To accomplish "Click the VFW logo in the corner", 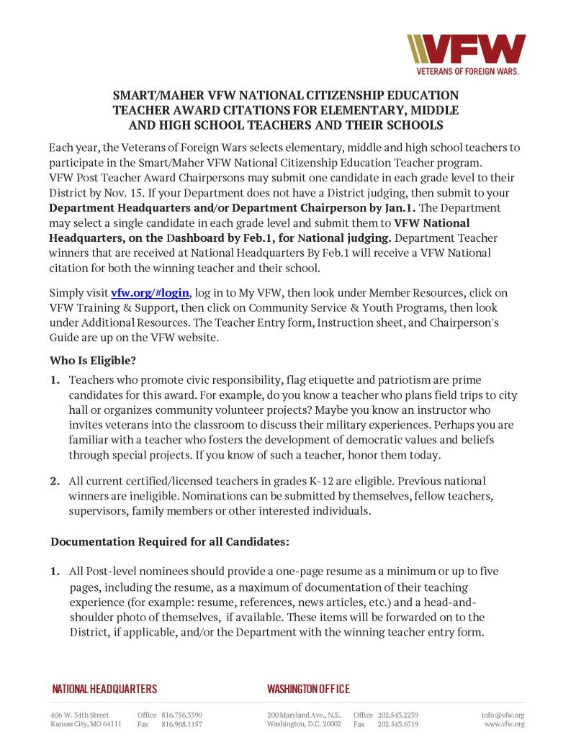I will point(467,48).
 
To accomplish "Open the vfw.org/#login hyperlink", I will point(150,293).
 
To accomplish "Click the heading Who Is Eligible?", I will point(93,359).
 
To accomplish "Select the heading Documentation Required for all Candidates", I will point(169,540).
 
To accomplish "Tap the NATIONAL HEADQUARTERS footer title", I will point(104,689).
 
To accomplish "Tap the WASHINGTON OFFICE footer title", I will point(308,689).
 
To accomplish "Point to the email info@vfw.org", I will point(503,715).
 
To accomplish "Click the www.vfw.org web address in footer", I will point(504,724).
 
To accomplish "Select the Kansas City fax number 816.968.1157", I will point(181,724).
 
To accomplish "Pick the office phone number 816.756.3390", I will point(181,715).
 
